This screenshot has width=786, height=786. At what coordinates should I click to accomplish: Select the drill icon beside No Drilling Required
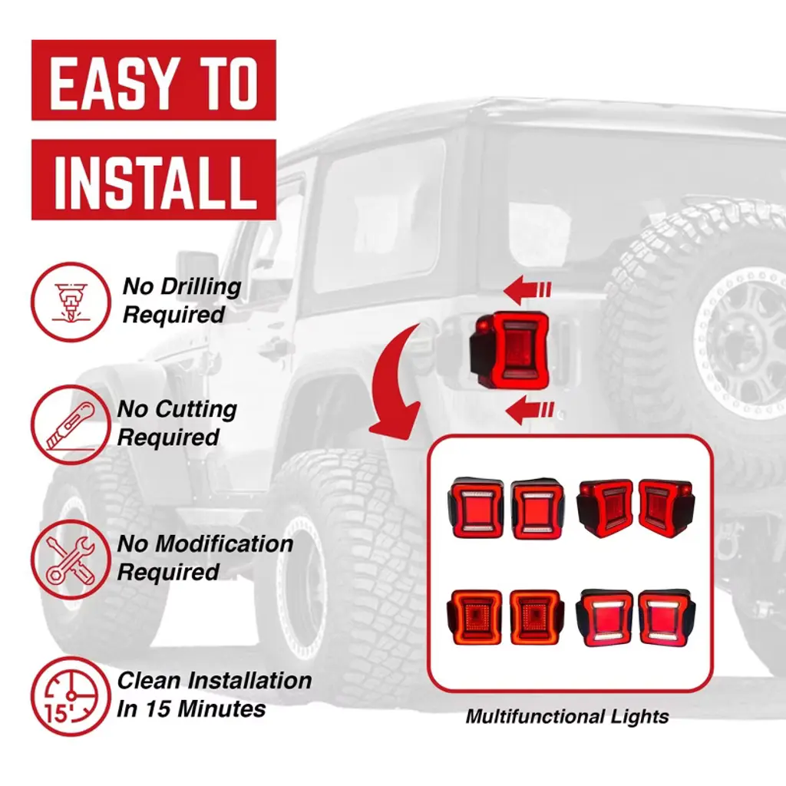click(x=71, y=302)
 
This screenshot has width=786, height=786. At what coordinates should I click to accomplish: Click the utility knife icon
click(x=71, y=424)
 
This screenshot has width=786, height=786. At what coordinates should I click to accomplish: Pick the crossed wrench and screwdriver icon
click(x=71, y=560)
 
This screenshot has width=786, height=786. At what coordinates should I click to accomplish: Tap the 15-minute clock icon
click(x=71, y=695)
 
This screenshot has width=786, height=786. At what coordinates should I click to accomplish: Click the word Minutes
click(x=222, y=708)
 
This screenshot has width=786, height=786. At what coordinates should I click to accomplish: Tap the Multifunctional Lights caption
click(x=567, y=716)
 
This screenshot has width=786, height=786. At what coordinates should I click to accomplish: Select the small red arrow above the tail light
click(x=527, y=289)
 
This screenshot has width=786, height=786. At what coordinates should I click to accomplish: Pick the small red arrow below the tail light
click(x=530, y=409)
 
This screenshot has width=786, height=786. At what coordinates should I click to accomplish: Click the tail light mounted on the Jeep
click(x=510, y=350)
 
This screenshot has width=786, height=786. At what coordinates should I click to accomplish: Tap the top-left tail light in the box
click(x=475, y=508)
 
